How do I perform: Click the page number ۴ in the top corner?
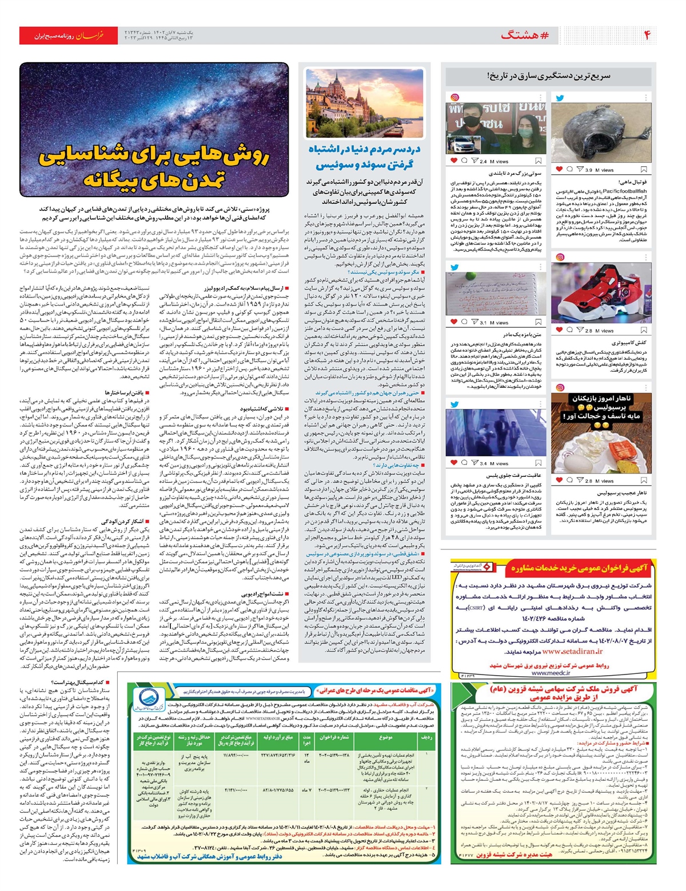pos(647,35)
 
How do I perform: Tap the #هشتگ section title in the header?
pos(524,35)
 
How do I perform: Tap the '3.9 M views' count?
pos(599,170)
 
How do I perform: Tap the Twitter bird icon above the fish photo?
pos(560,98)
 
